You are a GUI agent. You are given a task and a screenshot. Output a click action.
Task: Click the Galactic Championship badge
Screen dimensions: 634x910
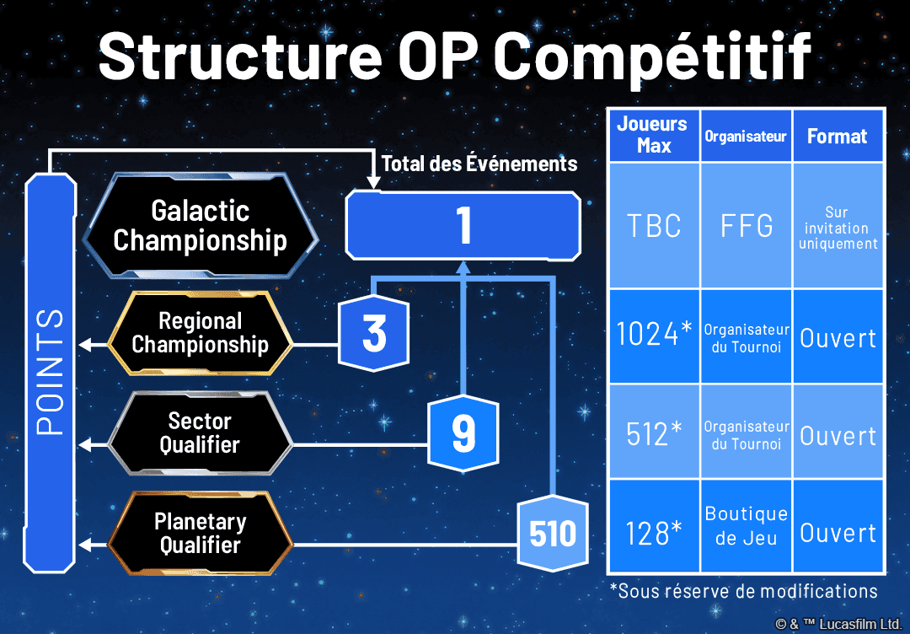coord(200,226)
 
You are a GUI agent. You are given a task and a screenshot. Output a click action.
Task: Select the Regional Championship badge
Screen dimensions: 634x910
coord(201,333)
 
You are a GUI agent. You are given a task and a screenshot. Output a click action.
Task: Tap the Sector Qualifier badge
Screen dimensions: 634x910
coord(200,433)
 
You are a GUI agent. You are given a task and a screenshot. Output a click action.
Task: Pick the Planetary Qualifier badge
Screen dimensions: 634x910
coord(200,533)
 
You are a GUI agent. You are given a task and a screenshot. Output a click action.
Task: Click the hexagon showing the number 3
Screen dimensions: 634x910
coord(373,334)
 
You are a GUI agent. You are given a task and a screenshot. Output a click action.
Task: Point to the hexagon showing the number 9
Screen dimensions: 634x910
coord(463,433)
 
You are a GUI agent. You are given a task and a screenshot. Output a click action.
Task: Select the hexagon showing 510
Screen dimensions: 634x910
coord(553,534)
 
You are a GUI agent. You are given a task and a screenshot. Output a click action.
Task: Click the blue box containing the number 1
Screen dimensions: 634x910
coord(463,224)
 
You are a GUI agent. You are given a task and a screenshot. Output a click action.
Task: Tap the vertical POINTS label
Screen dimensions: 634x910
coord(51,371)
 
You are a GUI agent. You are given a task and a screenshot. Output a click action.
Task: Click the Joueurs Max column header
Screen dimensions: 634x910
coord(652,135)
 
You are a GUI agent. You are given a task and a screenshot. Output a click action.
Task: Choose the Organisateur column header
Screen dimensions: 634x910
coord(746,136)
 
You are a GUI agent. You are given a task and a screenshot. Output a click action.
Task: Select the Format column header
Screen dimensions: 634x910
coord(838,136)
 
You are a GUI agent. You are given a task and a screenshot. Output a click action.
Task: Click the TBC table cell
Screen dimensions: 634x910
coord(653,226)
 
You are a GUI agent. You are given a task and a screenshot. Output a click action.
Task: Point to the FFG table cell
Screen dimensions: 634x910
coord(746,226)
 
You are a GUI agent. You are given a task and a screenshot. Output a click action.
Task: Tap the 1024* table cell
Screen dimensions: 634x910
coord(653,336)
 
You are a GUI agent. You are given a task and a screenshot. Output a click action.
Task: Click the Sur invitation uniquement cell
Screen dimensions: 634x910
coord(838,228)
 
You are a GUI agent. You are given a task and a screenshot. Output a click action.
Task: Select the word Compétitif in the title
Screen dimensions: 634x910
coord(652,56)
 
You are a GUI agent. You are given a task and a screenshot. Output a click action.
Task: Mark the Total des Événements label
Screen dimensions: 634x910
coord(479,164)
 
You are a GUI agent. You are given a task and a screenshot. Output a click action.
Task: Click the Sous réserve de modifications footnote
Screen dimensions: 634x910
coord(743,590)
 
